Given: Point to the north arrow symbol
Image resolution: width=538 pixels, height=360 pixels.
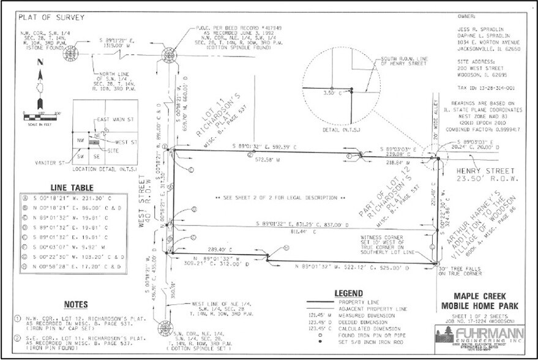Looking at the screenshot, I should coord(39,83).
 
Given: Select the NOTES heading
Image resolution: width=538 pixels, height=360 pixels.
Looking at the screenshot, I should coord(76,304).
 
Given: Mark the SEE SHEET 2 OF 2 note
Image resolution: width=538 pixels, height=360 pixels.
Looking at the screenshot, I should coord(275,198).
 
